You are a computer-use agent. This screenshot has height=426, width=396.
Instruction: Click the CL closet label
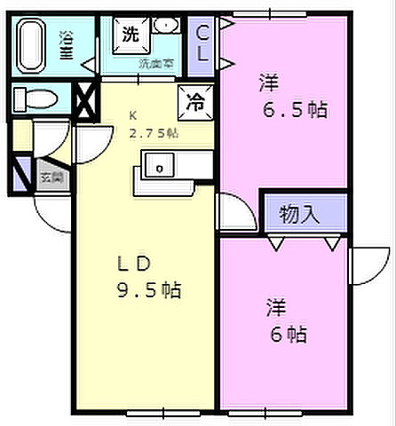204,43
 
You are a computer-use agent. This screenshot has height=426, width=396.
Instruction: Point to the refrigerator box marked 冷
194,101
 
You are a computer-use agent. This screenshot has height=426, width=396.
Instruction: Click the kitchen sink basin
160,166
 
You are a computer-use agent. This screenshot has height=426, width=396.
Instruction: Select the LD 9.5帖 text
151,276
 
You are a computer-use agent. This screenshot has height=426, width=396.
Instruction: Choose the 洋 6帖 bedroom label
286,321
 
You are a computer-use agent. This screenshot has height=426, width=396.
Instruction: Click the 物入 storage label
301,213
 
